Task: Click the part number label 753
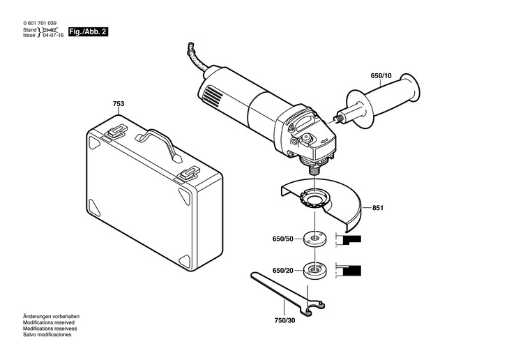(x=119, y=104)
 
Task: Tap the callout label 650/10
(x=381, y=76)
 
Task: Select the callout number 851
(x=378, y=208)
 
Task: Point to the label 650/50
(x=283, y=239)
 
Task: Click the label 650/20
(x=283, y=270)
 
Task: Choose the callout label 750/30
(x=285, y=321)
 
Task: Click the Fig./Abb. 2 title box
(x=88, y=32)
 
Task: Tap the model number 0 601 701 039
(x=40, y=24)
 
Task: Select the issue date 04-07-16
(x=53, y=35)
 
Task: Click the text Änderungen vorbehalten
(x=51, y=317)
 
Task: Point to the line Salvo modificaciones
(x=47, y=335)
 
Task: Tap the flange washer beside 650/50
(x=314, y=239)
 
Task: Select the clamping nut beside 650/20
(x=314, y=270)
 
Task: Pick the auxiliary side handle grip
(x=383, y=100)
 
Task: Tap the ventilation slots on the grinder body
(x=212, y=95)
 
